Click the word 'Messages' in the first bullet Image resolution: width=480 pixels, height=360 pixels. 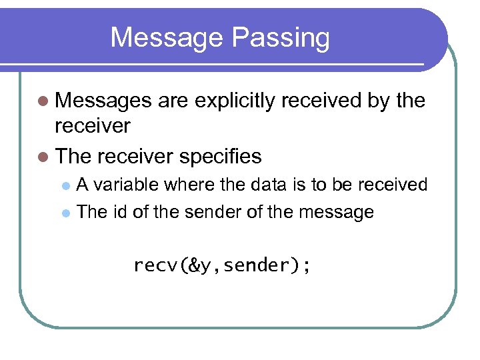(105, 101)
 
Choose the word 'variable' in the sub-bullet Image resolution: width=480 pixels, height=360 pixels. (127, 184)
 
